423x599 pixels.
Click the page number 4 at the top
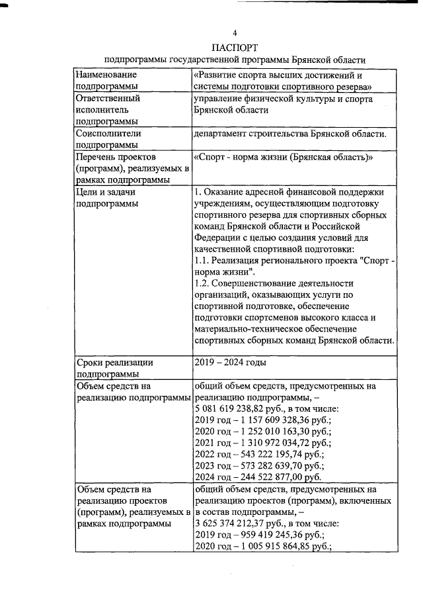click(234, 32)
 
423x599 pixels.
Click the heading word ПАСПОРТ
click(234, 47)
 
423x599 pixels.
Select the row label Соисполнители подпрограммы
click(108, 138)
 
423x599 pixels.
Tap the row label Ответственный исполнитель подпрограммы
click(110, 109)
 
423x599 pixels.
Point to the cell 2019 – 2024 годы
click(230, 362)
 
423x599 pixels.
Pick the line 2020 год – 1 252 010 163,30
click(262, 432)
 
